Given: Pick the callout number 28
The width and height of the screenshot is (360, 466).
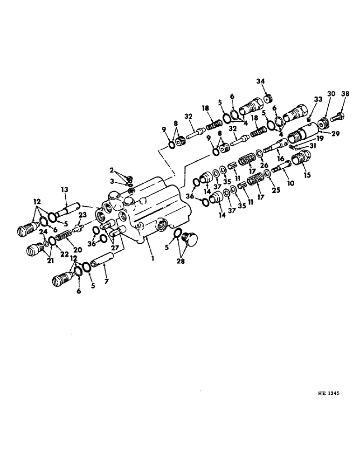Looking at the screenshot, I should (180, 261).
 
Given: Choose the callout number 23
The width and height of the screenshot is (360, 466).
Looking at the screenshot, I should (82, 215).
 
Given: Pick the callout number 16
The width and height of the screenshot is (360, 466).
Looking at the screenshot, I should (281, 159).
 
